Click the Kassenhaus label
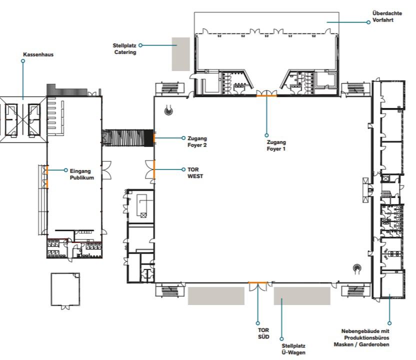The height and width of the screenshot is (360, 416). tap(38, 54)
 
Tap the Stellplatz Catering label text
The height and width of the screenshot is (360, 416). tap(124, 49)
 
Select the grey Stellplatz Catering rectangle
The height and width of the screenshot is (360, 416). tap(180, 54)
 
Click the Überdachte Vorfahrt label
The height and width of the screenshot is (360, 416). tap(387, 16)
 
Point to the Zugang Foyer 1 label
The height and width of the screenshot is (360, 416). tap(276, 145)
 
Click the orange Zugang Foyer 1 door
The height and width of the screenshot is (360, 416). tap(266, 95)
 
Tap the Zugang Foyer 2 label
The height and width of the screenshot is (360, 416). tap(197, 141)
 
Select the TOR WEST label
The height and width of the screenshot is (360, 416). tap(195, 172)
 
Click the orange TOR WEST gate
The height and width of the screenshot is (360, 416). tap(154, 169)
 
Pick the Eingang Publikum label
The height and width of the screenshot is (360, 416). tap(81, 174)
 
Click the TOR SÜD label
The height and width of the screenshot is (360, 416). tap(263, 333)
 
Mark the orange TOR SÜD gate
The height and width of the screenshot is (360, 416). tap(257, 283)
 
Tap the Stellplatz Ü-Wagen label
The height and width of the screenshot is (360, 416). tap(293, 349)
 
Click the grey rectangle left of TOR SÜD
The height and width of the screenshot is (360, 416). tap(216, 296)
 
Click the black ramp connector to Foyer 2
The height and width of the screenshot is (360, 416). tap(127, 138)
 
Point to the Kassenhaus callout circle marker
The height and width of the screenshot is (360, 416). tap(23, 61)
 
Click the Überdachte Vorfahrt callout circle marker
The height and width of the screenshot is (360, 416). tap(368, 22)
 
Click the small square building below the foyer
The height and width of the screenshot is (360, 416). tap(65, 289)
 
